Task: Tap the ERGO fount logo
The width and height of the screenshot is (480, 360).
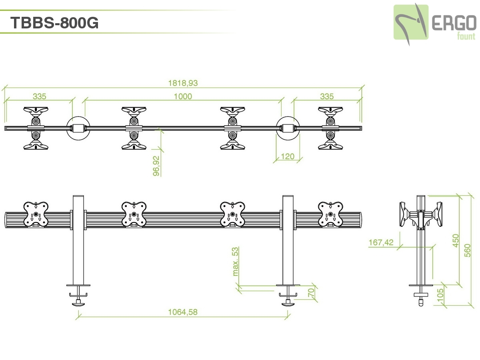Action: [x=434, y=23]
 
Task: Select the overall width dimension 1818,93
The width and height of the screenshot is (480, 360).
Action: [x=183, y=83]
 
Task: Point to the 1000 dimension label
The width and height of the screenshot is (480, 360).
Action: [x=183, y=96]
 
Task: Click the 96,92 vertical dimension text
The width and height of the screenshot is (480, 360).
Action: [x=156, y=166]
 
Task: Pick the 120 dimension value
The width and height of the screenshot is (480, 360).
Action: [x=288, y=156]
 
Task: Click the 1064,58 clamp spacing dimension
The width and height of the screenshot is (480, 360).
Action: [x=183, y=312]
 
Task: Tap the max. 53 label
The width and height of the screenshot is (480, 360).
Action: [x=236, y=262]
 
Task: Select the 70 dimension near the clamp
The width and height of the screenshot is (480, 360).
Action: [x=312, y=293]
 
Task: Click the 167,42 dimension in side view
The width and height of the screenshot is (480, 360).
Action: [x=381, y=242]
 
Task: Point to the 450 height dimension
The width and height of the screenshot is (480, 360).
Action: [x=456, y=241]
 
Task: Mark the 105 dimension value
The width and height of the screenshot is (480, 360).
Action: [x=440, y=296]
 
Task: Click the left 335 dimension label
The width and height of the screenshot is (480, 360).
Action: [x=40, y=96]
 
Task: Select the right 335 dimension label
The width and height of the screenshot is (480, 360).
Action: [x=327, y=96]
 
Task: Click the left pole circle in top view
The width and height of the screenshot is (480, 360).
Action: [x=78, y=128]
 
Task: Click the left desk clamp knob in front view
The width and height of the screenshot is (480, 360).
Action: [x=78, y=303]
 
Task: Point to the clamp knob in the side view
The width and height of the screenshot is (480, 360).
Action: [x=420, y=301]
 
